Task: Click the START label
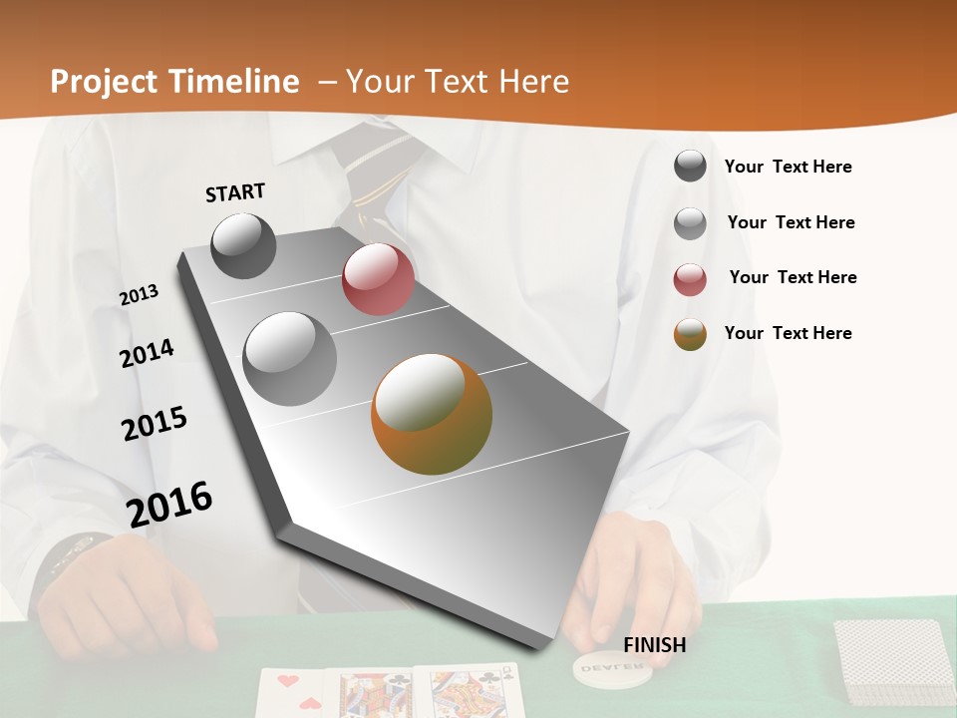click(x=235, y=192)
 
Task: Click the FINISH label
click(x=655, y=645)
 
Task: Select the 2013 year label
click(x=139, y=295)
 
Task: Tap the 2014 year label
click(x=147, y=353)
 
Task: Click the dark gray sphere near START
click(x=244, y=245)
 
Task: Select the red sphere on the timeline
click(x=378, y=279)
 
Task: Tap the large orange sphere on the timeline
click(x=432, y=414)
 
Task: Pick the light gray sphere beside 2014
click(x=290, y=358)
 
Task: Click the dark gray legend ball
click(x=690, y=167)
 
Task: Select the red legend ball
click(x=690, y=279)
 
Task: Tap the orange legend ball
click(x=690, y=334)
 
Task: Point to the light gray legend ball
click(x=690, y=223)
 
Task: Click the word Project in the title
click(x=103, y=82)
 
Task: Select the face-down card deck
click(x=893, y=663)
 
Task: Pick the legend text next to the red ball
click(x=793, y=277)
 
